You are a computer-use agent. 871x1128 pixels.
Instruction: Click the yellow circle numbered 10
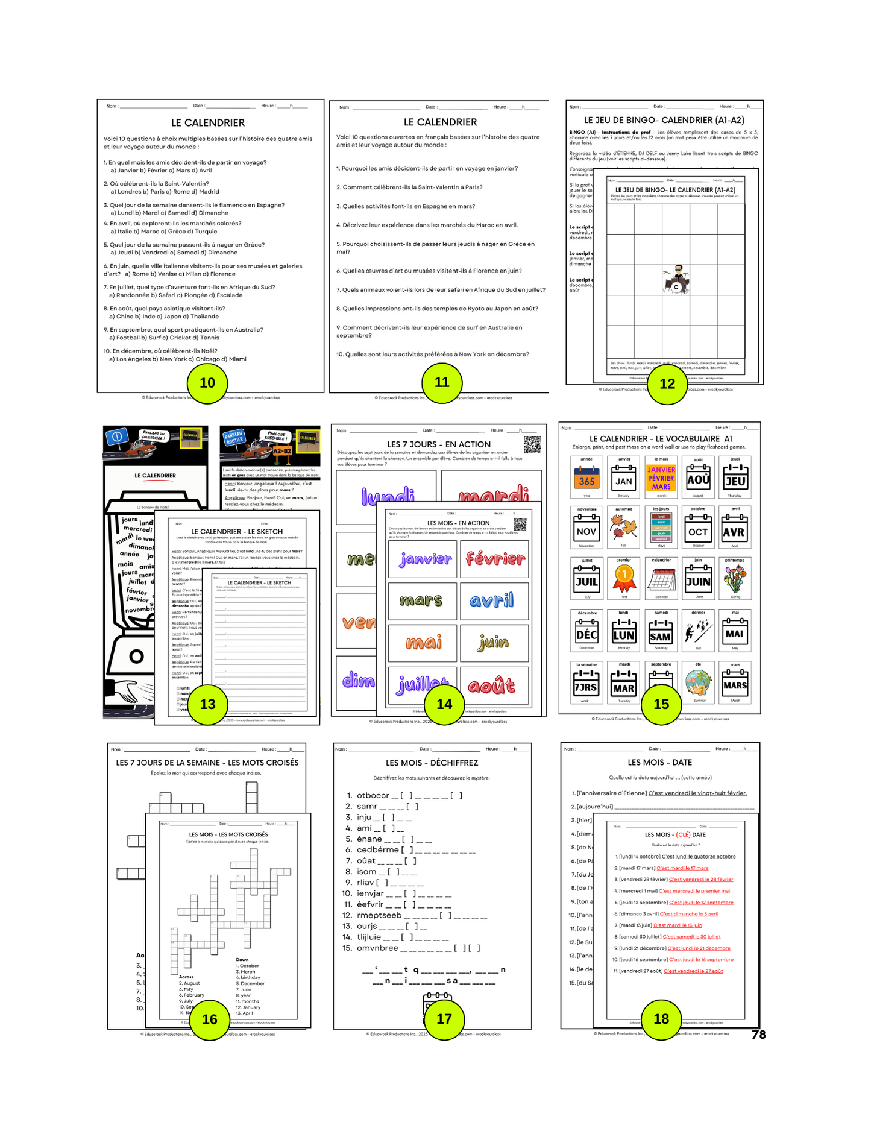(207, 383)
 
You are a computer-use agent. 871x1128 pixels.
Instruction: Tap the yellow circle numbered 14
(444, 704)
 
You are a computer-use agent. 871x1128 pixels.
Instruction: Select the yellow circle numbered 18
(661, 1019)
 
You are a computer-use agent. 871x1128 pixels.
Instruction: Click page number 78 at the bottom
(758, 1035)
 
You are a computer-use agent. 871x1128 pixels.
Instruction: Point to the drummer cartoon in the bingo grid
(676, 279)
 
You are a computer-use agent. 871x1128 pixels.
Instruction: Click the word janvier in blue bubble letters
(425, 559)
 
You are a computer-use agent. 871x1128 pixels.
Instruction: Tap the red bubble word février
(495, 558)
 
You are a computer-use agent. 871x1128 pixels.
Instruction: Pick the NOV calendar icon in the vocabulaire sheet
(586, 529)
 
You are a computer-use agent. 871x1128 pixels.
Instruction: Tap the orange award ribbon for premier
(624, 579)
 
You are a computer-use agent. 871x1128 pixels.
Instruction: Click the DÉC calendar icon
(586, 632)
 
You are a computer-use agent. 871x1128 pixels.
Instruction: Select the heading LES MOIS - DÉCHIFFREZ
(432, 763)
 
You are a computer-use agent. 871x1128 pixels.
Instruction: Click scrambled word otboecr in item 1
(373, 795)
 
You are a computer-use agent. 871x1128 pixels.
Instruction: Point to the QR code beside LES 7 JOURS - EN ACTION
(532, 444)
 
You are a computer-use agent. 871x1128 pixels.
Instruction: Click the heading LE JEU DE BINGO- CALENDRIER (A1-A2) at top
(664, 120)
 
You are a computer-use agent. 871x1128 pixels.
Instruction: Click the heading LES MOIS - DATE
(659, 763)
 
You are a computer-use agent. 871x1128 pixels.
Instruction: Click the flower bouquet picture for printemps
(734, 579)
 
